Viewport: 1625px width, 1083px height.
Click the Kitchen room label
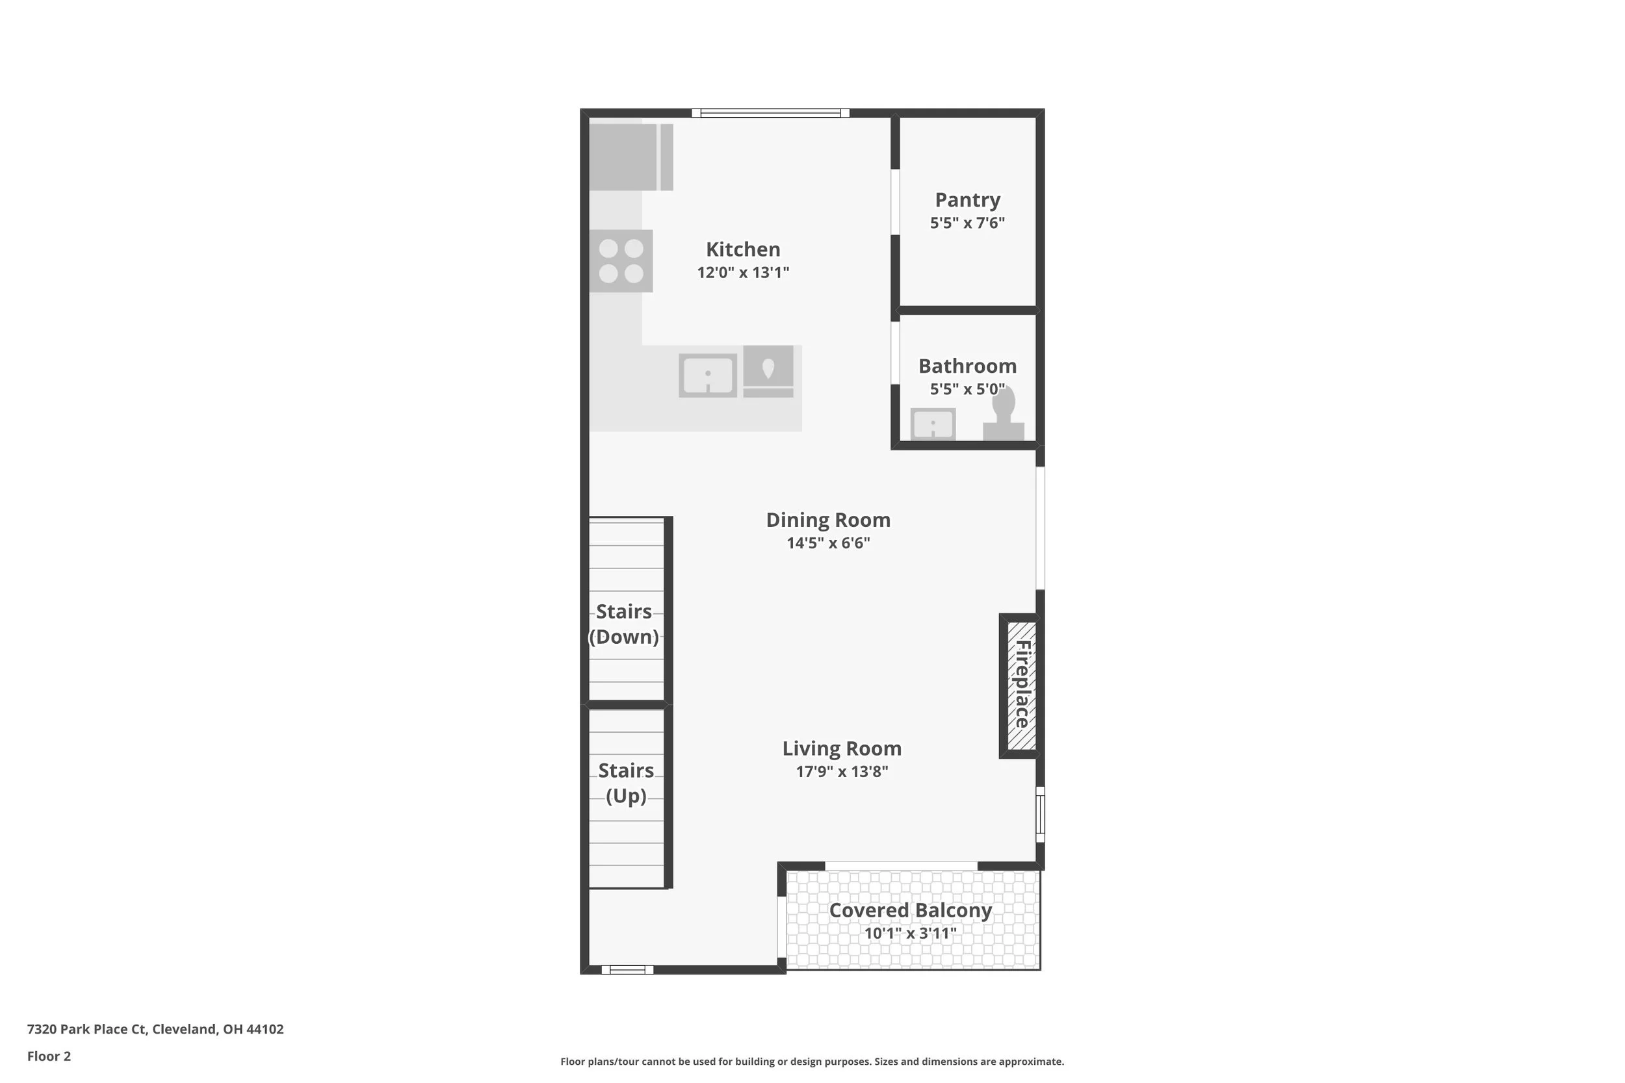coord(743,249)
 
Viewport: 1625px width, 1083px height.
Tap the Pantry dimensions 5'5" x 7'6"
coord(967,223)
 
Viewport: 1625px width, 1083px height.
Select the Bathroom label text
coord(967,366)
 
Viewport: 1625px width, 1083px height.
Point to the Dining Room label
coord(827,521)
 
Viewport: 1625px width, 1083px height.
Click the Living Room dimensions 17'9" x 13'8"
coord(842,772)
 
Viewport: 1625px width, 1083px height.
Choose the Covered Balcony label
coord(911,911)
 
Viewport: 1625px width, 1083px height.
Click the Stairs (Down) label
coord(624,624)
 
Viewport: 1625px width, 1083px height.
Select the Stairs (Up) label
coord(626,784)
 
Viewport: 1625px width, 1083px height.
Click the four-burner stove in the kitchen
coord(621,261)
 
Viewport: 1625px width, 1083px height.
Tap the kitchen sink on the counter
coord(707,375)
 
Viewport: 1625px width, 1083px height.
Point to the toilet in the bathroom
coord(1003,414)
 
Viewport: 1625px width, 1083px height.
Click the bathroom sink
coord(933,424)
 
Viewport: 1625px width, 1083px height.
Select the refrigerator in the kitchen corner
coord(630,157)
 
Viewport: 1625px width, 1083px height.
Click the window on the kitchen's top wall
coord(770,113)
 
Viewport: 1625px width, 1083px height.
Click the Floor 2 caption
coord(49,1056)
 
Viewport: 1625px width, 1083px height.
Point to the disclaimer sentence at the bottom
coord(812,1062)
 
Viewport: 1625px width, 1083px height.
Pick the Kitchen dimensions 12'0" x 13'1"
coord(743,273)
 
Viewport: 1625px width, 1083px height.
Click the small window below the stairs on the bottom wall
coord(627,970)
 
